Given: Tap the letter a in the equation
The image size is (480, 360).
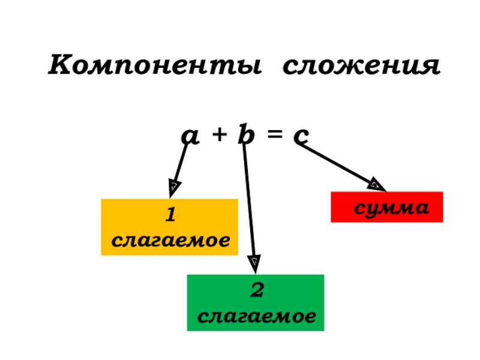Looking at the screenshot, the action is coord(191,137).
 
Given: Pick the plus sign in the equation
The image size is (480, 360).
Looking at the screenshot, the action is coord(218,137).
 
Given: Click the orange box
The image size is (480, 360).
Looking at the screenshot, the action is coord(169,227).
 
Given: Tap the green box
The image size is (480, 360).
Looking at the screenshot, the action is coord(255,302).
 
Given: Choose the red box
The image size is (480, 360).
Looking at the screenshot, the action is coord(386,207).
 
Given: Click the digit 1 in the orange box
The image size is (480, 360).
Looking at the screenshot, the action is coord(170,214).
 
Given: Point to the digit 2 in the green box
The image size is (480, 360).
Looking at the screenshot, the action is coord(257,291).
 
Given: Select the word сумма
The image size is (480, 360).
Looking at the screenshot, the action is coord(391,208).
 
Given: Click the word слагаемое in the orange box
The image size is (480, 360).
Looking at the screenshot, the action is coord(171,240).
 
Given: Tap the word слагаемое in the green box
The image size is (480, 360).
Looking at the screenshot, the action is coord(257,316).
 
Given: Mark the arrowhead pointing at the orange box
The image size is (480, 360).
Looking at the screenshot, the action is coord(174,187).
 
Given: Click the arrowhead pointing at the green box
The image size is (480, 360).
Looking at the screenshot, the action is coord(254,262).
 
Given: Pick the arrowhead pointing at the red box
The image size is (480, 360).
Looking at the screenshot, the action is coord(376,184).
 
